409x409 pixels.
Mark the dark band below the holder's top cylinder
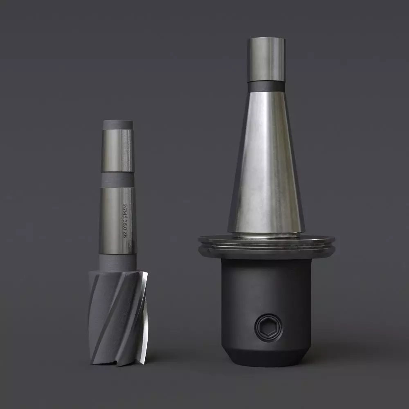point(266,86)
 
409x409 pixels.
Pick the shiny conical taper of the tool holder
point(266,164)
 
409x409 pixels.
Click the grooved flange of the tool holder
point(266,247)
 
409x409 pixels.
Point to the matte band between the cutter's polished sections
point(117,180)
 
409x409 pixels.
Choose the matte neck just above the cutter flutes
point(118,262)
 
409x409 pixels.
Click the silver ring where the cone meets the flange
point(266,236)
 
